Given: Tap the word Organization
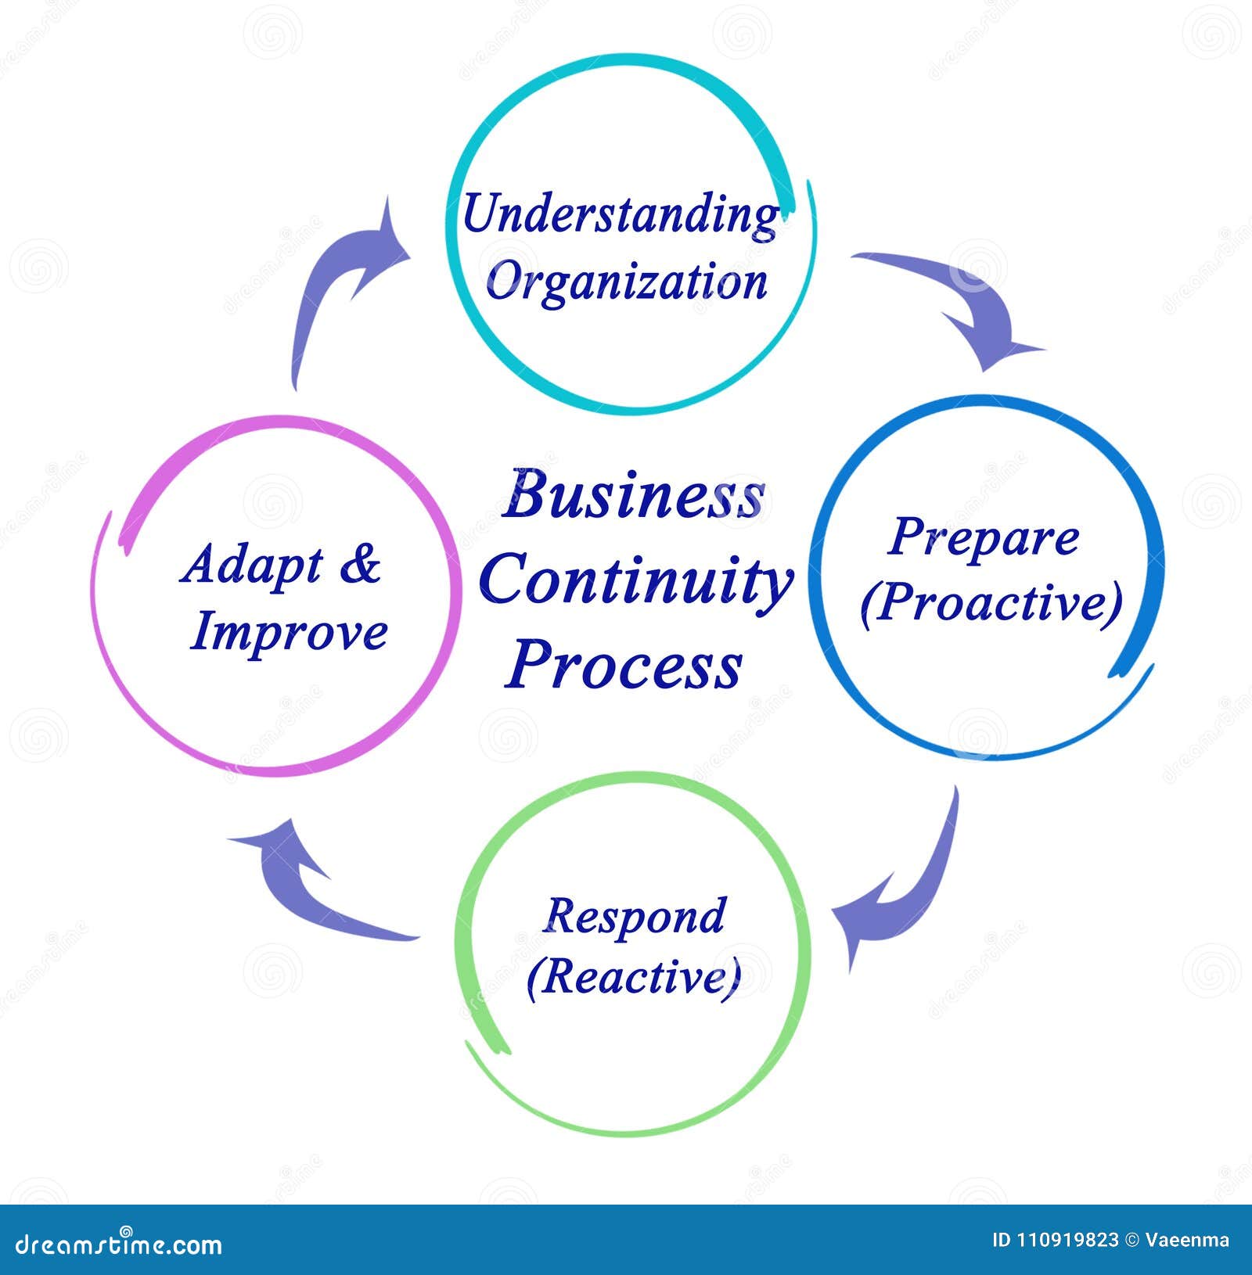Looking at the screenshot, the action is [626, 282].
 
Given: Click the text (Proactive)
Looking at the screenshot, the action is [991, 604].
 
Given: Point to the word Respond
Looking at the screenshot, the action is [635, 916].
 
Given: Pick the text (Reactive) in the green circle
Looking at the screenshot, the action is [634, 977].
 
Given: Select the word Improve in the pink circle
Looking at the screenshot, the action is [289, 632].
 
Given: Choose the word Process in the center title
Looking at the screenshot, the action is [624, 665].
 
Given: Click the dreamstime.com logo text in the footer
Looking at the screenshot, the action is [119, 1244].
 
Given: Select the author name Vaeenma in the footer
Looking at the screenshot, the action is [1187, 1240].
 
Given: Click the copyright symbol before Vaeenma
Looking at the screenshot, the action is [1131, 1240].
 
